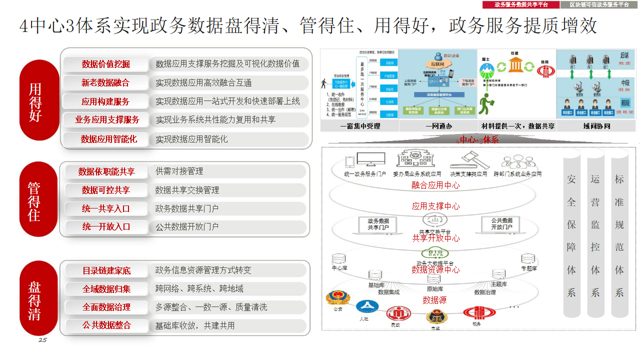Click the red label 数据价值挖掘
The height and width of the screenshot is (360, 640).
[x=106, y=64]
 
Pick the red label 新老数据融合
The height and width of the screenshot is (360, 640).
[x=106, y=83]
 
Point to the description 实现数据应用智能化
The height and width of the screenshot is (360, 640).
[x=191, y=139]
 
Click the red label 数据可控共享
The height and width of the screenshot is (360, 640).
[x=106, y=190]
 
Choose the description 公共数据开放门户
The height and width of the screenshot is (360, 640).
[x=187, y=226]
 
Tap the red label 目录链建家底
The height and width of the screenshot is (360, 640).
[x=106, y=270]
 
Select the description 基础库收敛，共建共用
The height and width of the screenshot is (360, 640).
[x=195, y=325]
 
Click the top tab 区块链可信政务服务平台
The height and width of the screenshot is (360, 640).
[x=599, y=4]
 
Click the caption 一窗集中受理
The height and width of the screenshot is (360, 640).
[x=359, y=126]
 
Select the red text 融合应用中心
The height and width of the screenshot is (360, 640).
[x=435, y=185]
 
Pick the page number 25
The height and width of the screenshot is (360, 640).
[x=42, y=340]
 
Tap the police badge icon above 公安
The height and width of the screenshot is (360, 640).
[x=338, y=298]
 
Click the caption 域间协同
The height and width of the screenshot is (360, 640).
[x=596, y=126]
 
